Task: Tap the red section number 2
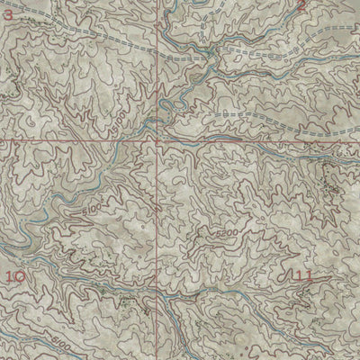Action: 301,6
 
